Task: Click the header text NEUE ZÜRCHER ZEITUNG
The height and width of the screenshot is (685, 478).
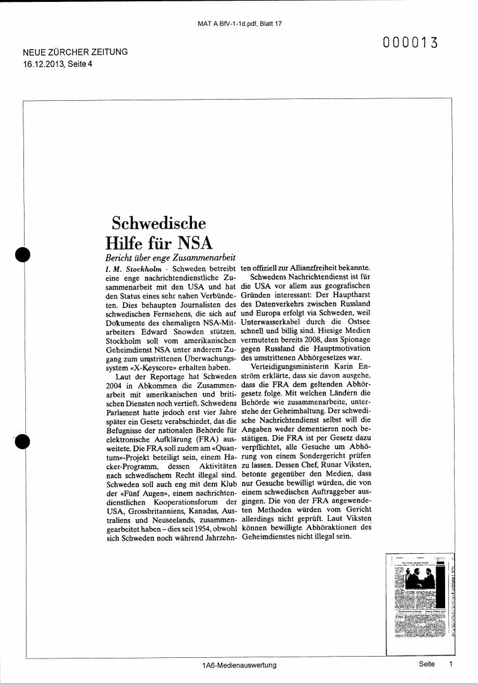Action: [75, 52]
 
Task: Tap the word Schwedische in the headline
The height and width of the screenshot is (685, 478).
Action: [158, 223]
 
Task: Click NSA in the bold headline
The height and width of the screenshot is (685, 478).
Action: [194, 243]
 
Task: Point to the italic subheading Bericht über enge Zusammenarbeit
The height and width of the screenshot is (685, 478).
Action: [170, 259]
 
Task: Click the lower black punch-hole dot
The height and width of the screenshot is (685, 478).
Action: [22, 443]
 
